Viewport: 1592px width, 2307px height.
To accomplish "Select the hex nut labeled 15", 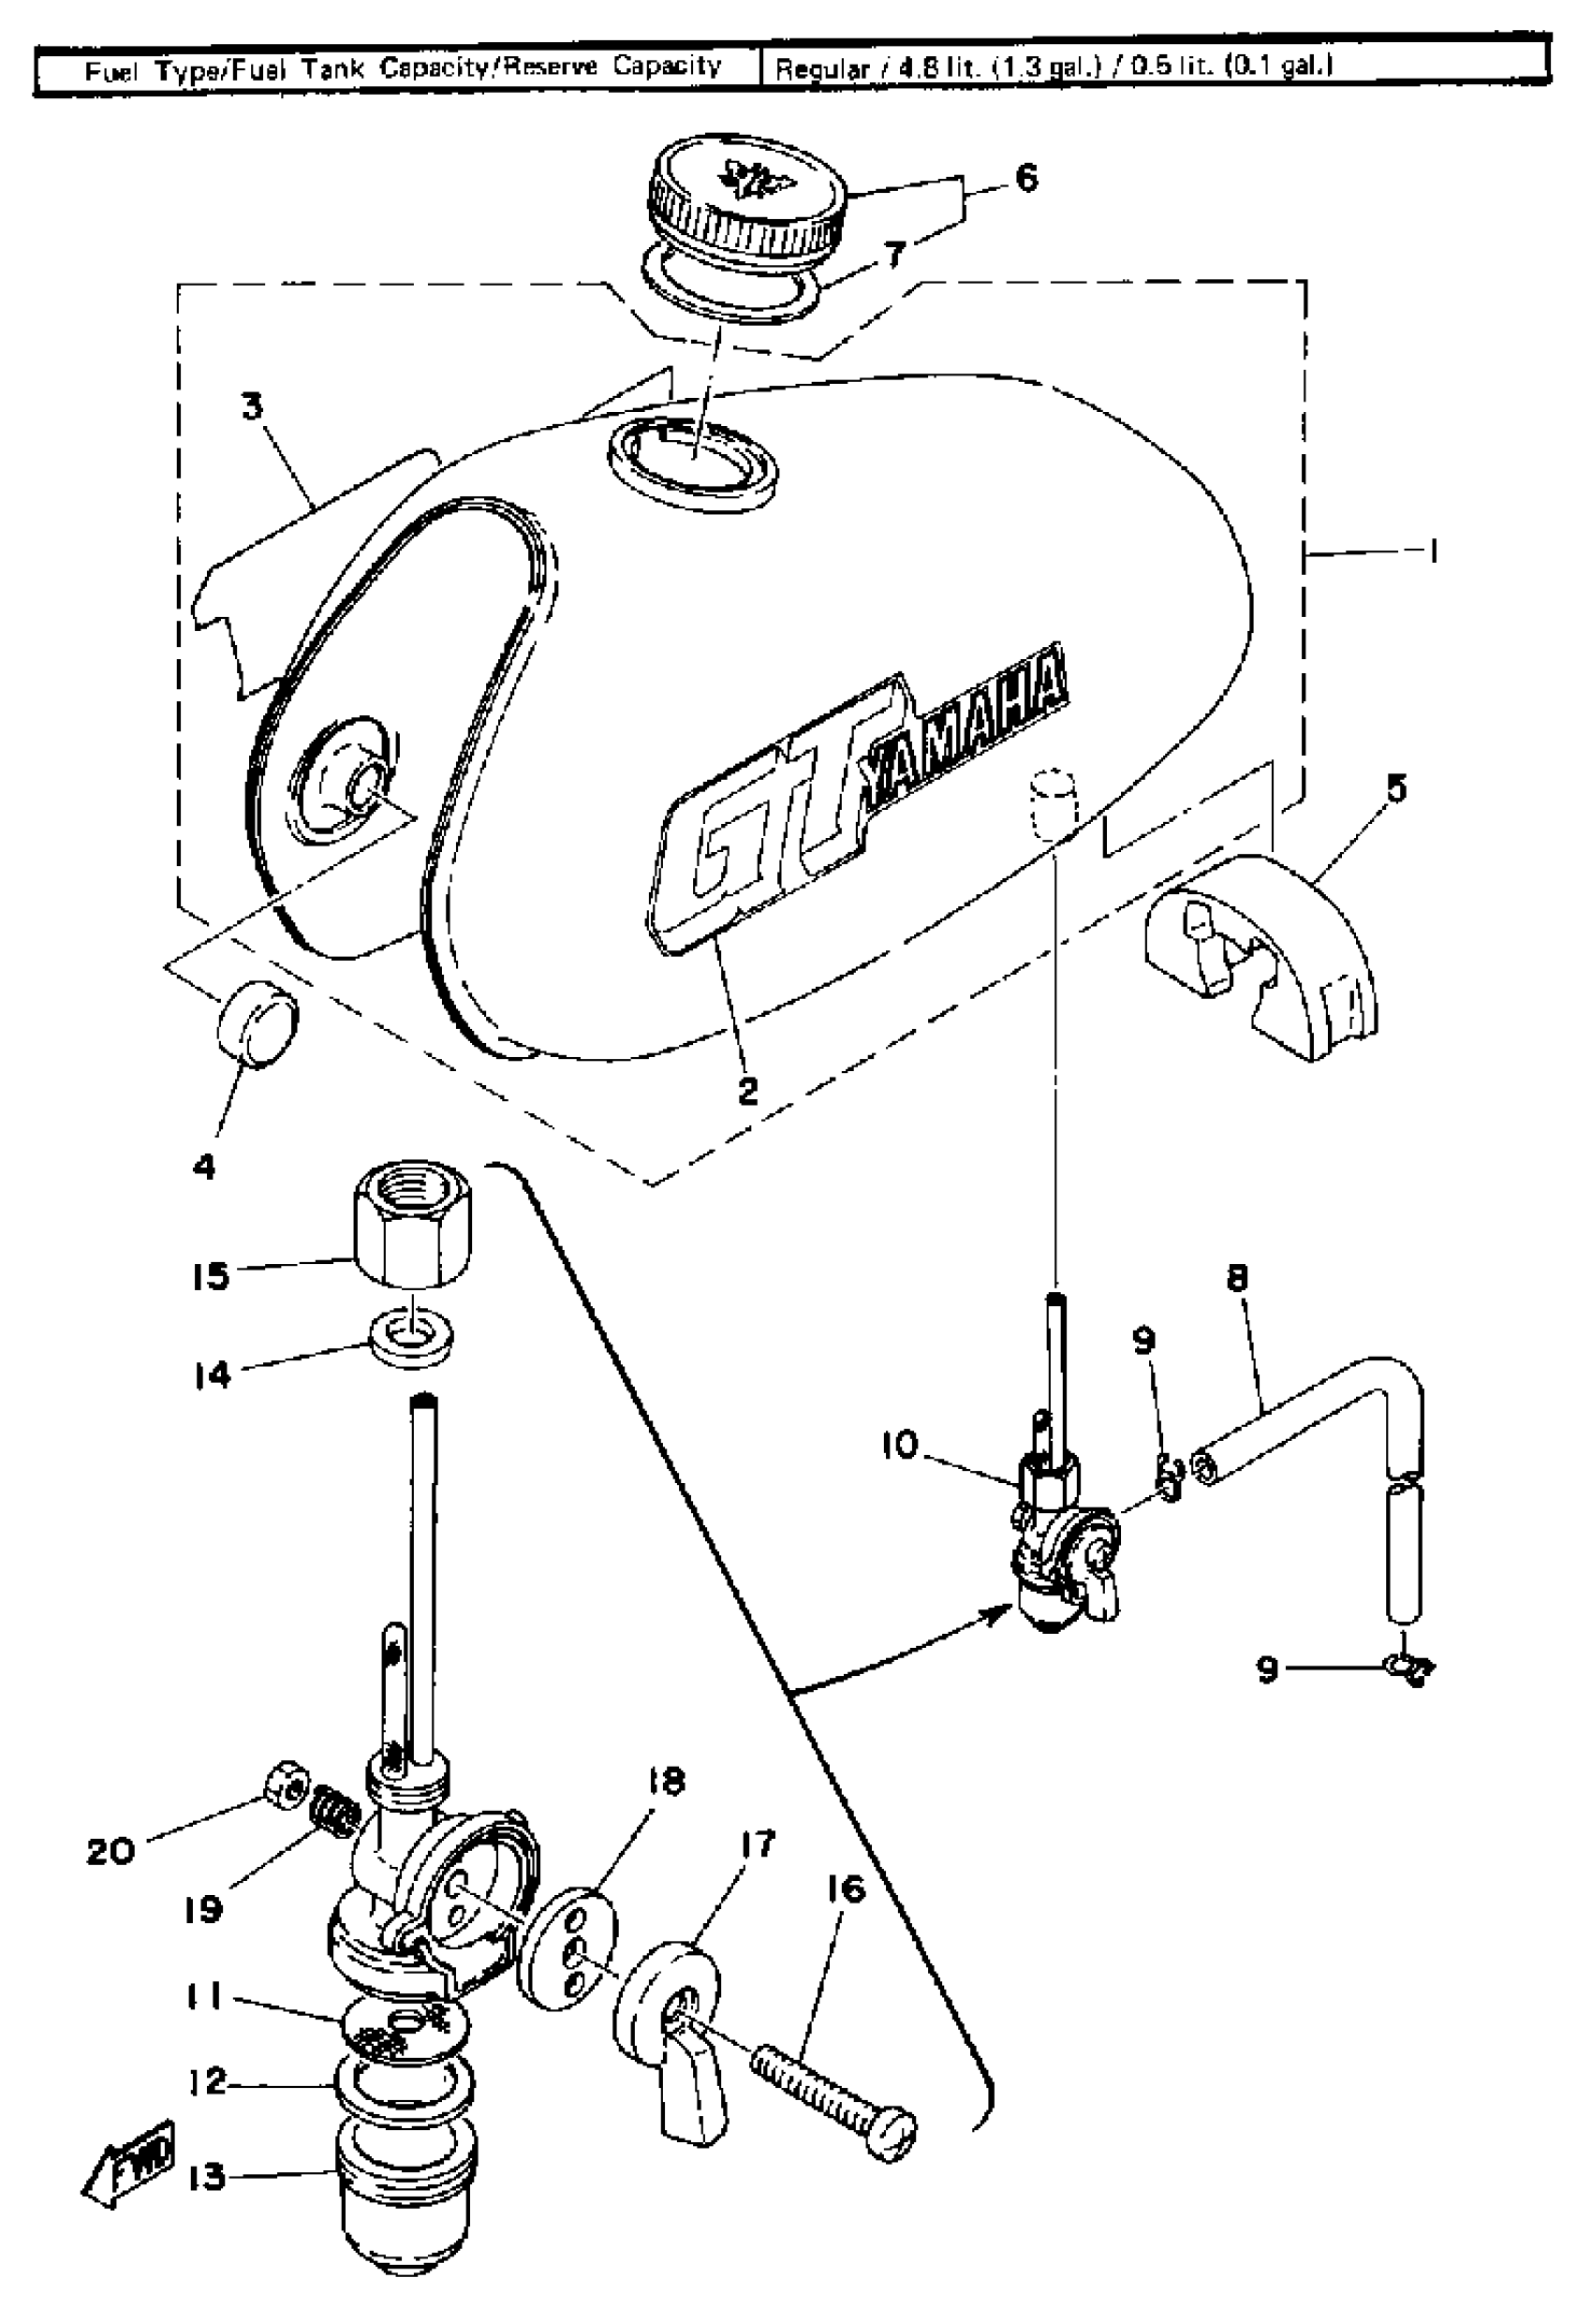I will coord(414,1231).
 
